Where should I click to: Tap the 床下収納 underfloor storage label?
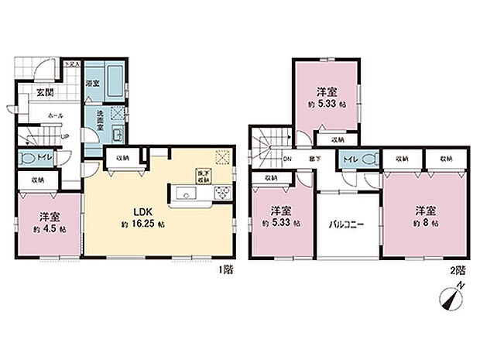(x=204, y=175)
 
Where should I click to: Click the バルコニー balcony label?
(x=346, y=225)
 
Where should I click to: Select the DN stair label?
(x=286, y=159)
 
